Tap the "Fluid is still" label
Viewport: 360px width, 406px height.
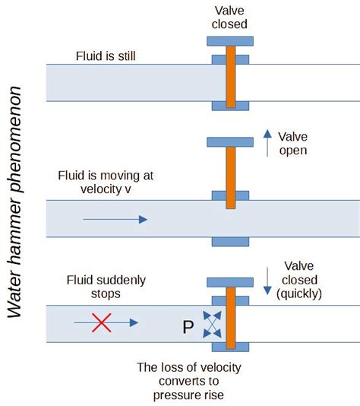[106, 56]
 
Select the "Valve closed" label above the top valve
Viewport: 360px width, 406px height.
[230, 16]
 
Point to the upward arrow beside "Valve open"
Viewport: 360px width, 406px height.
[267, 143]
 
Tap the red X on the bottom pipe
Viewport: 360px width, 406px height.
[102, 323]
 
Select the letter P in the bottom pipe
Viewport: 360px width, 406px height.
[188, 328]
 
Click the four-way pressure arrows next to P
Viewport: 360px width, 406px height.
[212, 323]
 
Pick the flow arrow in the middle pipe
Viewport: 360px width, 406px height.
[115, 219]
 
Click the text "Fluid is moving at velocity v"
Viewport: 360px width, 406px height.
[106, 182]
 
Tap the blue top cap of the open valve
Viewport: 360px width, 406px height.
[230, 141]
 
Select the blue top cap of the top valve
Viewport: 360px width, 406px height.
[230, 40]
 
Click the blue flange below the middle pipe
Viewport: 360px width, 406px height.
[230, 242]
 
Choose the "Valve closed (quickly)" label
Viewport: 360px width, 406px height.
[305, 280]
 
